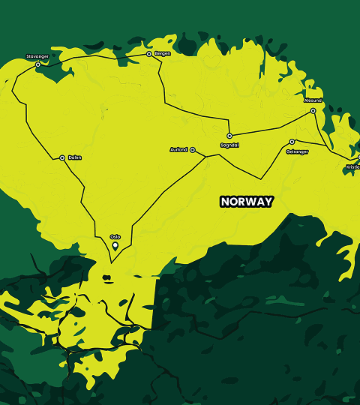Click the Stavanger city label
(x=37, y=56)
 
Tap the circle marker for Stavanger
(x=37, y=64)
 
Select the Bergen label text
(x=163, y=53)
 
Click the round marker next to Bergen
(x=148, y=54)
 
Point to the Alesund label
(x=313, y=100)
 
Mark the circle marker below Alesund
(x=313, y=111)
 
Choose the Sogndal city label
(x=229, y=145)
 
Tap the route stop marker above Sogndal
(x=229, y=136)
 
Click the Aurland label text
(x=179, y=150)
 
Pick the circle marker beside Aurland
(x=193, y=150)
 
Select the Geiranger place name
(x=297, y=150)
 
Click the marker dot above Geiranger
(x=292, y=142)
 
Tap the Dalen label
(x=74, y=157)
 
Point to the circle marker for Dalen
(x=62, y=157)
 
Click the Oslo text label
(x=115, y=236)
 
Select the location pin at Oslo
(x=115, y=245)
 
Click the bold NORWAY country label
(x=246, y=202)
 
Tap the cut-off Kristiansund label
(x=352, y=166)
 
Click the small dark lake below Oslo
(x=106, y=277)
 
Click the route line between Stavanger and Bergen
(x=94, y=56)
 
